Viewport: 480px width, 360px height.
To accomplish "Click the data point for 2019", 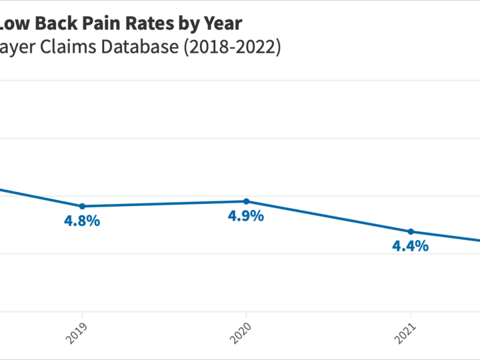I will [x=82, y=206].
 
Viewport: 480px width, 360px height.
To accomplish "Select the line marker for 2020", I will [x=246, y=201].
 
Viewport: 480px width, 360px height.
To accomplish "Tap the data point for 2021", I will [x=411, y=231].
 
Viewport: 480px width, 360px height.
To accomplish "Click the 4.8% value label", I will [x=82, y=221].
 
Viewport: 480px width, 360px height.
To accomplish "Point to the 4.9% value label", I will [x=246, y=217].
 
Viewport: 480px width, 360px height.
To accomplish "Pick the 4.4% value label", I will [x=411, y=247].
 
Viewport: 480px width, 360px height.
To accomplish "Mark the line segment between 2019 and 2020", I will [x=164, y=203].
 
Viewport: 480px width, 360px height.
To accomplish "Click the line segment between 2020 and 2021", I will [x=328, y=217].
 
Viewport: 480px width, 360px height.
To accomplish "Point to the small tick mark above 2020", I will [x=246, y=315].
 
